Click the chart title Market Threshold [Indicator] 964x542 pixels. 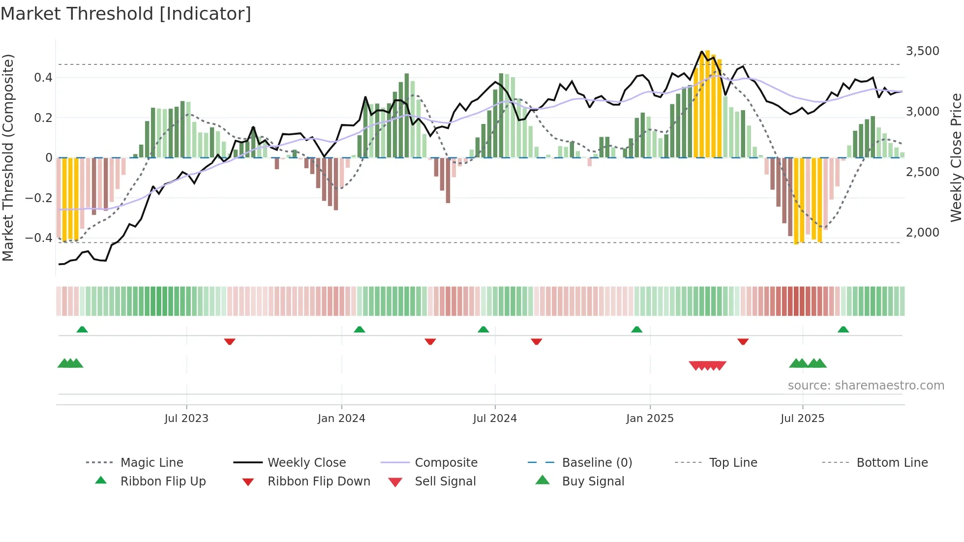pos(126,14)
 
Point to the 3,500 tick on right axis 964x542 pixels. pos(922,51)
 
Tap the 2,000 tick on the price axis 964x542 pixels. pos(922,233)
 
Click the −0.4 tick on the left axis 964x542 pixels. pos(39,238)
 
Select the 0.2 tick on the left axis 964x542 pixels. pos(43,118)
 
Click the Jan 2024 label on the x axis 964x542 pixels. pos(341,419)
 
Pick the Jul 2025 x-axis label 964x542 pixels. pos(802,419)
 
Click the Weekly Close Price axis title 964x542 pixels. pos(956,157)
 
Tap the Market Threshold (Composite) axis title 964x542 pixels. pos(8,157)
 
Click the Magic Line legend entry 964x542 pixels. pos(151,463)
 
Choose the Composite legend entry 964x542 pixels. pos(446,463)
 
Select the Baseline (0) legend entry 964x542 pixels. pos(597,463)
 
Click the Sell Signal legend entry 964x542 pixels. pos(445,482)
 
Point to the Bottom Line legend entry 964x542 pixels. pos(892,463)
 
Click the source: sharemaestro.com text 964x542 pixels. pos(866,386)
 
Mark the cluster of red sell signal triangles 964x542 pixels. pos(707,365)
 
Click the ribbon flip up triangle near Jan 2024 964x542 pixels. pos(360,330)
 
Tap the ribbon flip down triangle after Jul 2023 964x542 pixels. pos(230,341)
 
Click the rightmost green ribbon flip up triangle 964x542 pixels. pos(843,330)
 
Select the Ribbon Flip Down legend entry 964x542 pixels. pos(318,482)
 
